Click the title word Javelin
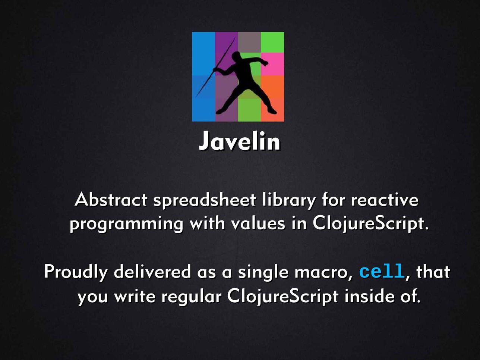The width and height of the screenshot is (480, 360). click(x=239, y=141)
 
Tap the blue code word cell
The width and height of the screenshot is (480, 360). click(x=382, y=271)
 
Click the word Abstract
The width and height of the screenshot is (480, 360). click(x=111, y=200)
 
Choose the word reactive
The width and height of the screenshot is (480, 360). click(x=385, y=200)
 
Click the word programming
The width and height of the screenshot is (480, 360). click(x=126, y=225)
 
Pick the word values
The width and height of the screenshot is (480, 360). click(x=258, y=223)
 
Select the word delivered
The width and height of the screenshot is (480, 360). click(x=152, y=271)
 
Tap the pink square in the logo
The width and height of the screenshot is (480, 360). click(x=272, y=64)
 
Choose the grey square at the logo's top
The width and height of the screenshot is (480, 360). click(x=249, y=42)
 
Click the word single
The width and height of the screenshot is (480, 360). click(x=263, y=273)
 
